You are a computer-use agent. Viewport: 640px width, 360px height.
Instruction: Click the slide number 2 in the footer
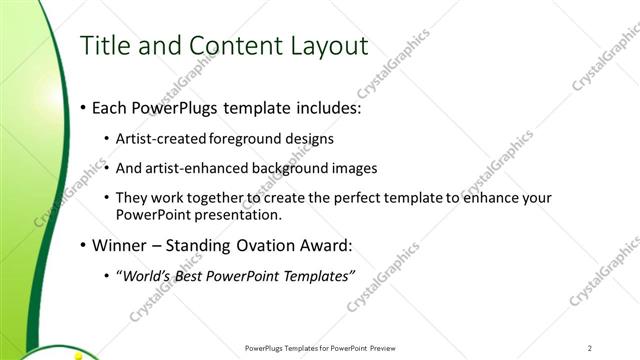(x=589, y=348)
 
